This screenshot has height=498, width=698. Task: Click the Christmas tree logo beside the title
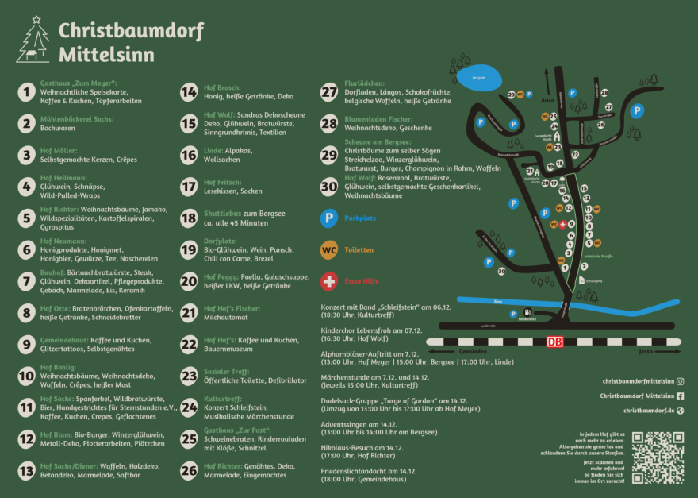tap(33, 41)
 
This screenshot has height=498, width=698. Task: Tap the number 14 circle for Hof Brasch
tap(189, 92)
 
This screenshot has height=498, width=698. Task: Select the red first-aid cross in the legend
tap(328, 281)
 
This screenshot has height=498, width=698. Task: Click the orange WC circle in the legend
tap(328, 249)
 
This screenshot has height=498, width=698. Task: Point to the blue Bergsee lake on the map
tap(479, 78)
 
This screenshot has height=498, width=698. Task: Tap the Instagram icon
tap(680, 381)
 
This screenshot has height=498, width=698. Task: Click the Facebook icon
tap(680, 396)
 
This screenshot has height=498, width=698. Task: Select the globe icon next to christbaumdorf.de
tap(680, 411)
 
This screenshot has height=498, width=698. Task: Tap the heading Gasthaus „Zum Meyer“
tap(79, 83)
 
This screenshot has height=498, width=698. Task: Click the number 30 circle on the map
tap(501, 272)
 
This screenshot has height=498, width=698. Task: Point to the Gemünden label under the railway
tap(473, 350)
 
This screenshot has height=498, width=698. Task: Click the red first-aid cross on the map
tap(562, 225)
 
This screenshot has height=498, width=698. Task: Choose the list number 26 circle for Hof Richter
tap(189, 471)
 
